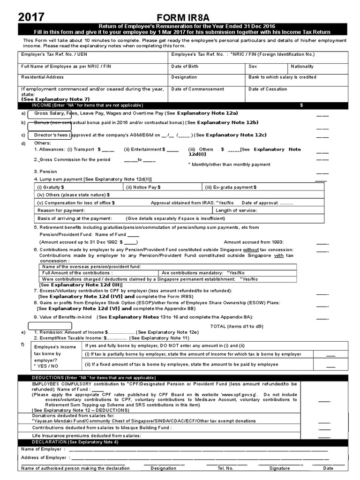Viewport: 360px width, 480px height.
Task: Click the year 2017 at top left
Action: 32,17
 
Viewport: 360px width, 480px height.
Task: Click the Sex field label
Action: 253,67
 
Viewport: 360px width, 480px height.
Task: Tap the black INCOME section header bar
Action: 183,105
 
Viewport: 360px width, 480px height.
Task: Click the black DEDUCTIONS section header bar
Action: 183,377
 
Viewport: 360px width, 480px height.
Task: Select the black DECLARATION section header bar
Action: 183,442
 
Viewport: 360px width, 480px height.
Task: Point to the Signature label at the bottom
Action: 279,468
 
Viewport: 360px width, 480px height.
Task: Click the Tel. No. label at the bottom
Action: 225,468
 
